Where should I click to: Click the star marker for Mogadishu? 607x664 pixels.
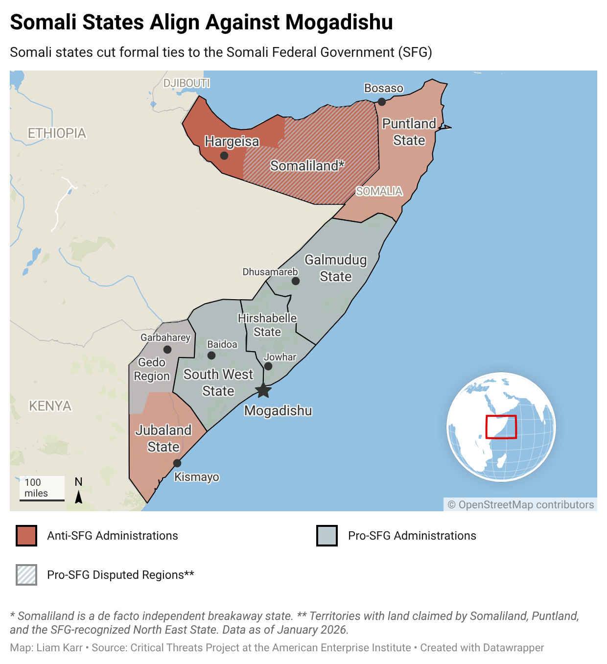point(263,390)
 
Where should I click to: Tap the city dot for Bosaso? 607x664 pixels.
point(381,102)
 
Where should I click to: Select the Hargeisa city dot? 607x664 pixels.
point(224,156)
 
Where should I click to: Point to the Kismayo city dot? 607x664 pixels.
point(177,463)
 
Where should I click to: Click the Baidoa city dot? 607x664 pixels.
point(211,356)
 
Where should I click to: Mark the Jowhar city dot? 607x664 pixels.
point(268,366)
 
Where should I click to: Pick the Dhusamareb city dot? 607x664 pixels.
point(296,281)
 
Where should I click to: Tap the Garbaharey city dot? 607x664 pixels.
point(167,350)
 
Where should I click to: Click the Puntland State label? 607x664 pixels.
point(409,132)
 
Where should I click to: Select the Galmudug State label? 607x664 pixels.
point(335,268)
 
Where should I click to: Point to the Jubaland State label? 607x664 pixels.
point(163,438)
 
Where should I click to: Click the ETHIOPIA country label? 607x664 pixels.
point(57,133)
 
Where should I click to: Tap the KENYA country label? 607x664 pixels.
point(50,406)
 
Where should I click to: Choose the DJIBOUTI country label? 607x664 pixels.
point(187,83)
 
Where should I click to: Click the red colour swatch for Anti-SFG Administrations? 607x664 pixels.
point(26,536)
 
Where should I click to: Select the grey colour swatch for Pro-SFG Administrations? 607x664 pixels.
point(327,536)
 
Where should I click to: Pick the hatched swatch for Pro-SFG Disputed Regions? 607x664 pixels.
point(26,575)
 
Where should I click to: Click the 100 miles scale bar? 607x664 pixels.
point(42,499)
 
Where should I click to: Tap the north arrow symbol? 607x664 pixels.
point(78,497)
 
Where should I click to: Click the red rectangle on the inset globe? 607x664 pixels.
point(501,427)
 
